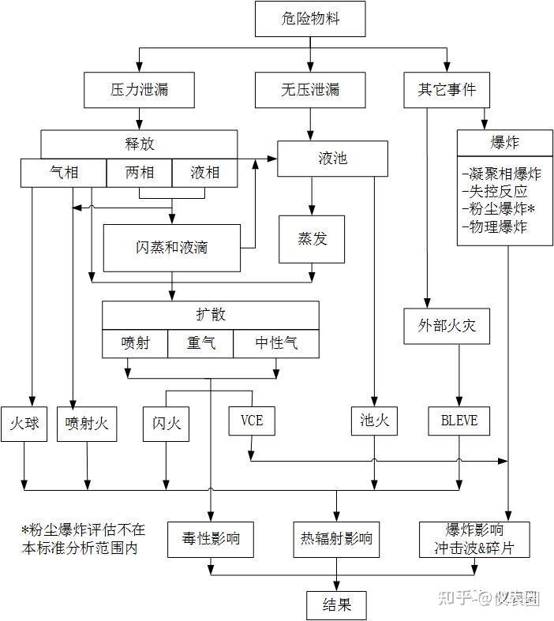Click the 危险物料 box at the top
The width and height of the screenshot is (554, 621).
coord(310,19)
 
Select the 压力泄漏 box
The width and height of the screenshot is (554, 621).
coord(140,90)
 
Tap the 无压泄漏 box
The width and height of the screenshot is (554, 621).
coord(310,90)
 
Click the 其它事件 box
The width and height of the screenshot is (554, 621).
coord(447,90)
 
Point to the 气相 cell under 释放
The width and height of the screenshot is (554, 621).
coord(63,173)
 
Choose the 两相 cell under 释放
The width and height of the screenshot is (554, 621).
coord(139,173)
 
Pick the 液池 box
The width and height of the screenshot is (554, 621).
coord(331,159)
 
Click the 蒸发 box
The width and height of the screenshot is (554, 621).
coord(311,240)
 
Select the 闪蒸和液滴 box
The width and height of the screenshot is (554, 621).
coord(171,247)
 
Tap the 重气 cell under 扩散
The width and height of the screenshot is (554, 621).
coord(200,344)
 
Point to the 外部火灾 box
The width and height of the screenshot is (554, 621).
coord(447,324)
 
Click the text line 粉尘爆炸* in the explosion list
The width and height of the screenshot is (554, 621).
coord(498,209)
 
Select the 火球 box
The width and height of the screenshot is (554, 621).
coord(25,424)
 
